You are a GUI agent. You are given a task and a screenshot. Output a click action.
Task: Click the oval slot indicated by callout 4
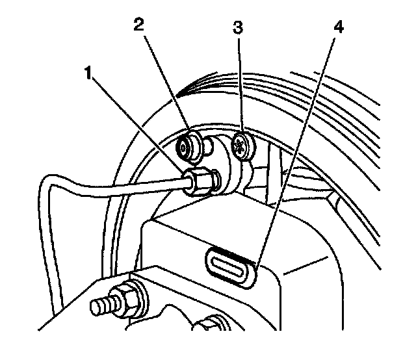[227, 266]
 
